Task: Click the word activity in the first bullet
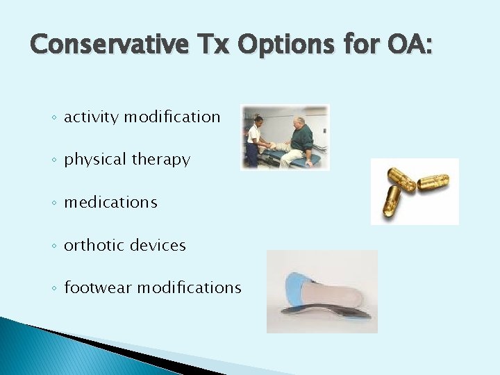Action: point(92,117)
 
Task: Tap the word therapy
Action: point(160,160)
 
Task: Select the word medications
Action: point(110,202)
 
